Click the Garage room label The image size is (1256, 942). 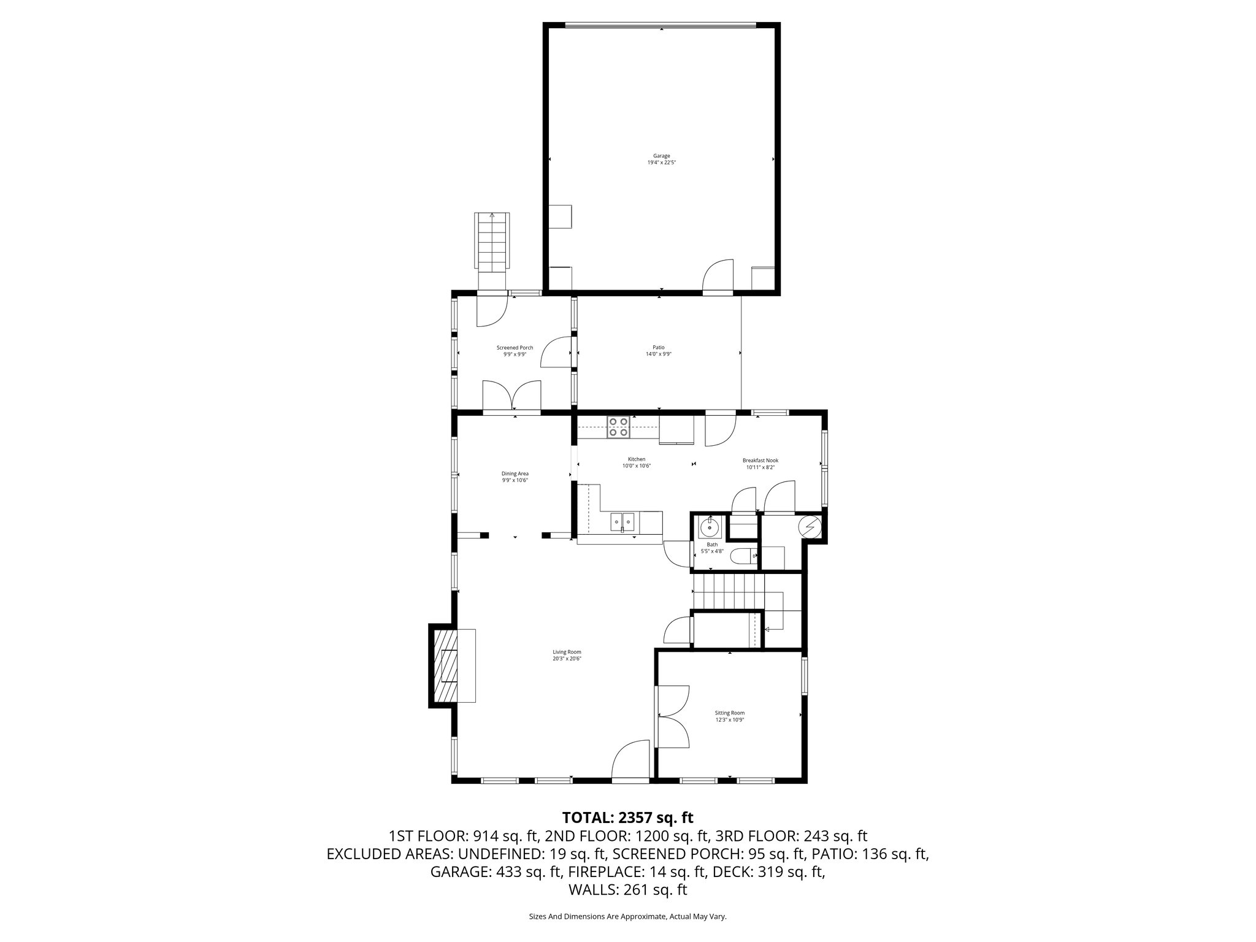(x=661, y=156)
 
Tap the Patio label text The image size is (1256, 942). (x=658, y=348)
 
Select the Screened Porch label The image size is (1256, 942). (x=515, y=348)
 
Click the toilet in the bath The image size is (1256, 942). (x=739, y=556)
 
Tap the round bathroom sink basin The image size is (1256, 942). (x=711, y=526)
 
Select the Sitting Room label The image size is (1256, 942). (x=729, y=713)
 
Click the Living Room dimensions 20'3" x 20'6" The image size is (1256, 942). (x=567, y=659)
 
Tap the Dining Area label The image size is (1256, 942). (x=515, y=473)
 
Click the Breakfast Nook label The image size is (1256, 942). (x=760, y=461)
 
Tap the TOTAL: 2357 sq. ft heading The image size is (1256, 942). (x=627, y=818)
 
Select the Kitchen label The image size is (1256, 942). (x=636, y=459)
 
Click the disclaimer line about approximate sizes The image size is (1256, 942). (x=627, y=917)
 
